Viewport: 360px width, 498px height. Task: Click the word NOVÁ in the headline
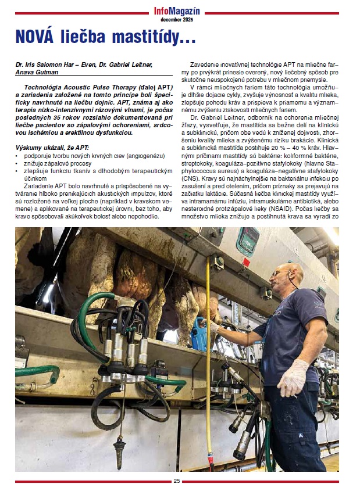pos(39,38)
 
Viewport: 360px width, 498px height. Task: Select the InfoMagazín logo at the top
pos(177,10)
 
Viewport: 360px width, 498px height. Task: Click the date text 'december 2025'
pos(177,19)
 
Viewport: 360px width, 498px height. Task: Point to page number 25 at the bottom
pos(177,481)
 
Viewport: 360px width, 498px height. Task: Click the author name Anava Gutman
pos(37,73)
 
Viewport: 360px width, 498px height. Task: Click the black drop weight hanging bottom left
pos(120,448)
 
